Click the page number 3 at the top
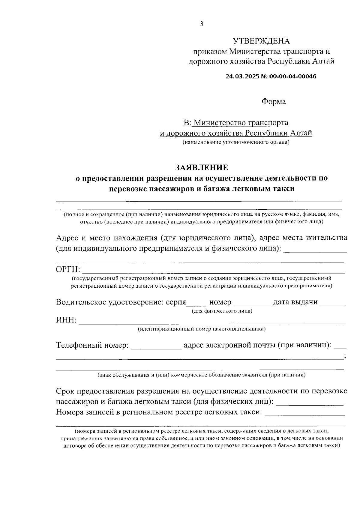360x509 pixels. pos(202,24)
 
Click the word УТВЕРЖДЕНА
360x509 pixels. pos(261,41)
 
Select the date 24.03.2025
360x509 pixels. pos(243,76)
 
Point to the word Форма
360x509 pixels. pos(274,102)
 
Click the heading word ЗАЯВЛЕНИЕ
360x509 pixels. pos(202,167)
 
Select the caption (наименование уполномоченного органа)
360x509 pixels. pos(236,142)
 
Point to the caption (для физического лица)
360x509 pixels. pos(222,311)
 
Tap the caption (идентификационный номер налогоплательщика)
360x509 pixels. pos(202,329)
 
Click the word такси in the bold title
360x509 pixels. pos(284,189)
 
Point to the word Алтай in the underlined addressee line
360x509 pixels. pos(301,133)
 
